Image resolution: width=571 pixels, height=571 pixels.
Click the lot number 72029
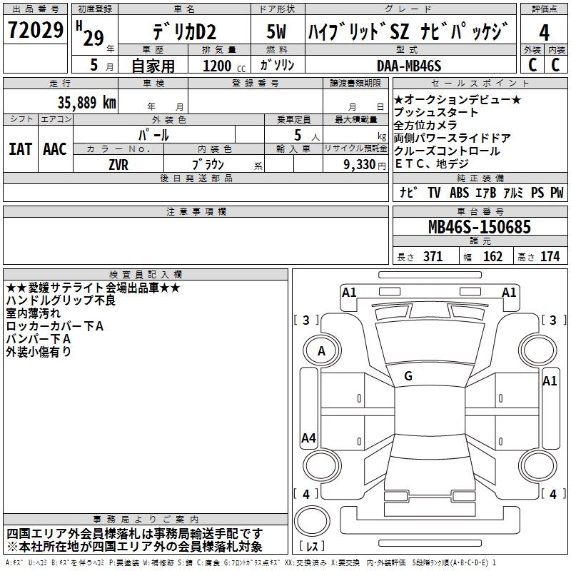(x=35, y=30)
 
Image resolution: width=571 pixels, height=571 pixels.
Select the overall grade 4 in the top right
(x=544, y=33)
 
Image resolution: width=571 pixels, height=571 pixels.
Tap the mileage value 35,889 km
(x=86, y=103)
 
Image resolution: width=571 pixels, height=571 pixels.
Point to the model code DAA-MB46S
(x=409, y=66)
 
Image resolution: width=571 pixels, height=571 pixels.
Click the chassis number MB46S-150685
(x=479, y=227)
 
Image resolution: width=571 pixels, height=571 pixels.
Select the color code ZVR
(x=118, y=165)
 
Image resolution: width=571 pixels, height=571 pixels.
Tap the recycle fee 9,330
(x=360, y=165)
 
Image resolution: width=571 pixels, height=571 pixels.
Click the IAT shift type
(x=20, y=149)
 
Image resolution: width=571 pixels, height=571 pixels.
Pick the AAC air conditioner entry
(x=55, y=149)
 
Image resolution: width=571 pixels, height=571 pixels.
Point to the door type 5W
(x=276, y=31)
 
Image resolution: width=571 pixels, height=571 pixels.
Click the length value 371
(x=433, y=256)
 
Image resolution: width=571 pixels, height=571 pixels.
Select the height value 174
(x=550, y=256)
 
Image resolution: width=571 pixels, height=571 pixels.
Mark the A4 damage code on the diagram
(x=308, y=438)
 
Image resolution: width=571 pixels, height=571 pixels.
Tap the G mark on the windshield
(x=408, y=376)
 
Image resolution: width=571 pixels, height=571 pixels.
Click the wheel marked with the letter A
(x=322, y=351)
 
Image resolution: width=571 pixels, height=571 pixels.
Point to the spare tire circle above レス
(x=312, y=521)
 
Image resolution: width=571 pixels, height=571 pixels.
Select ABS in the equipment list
(x=459, y=193)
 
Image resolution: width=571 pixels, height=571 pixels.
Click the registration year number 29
(x=94, y=38)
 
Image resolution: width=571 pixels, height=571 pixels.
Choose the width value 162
(x=492, y=256)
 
